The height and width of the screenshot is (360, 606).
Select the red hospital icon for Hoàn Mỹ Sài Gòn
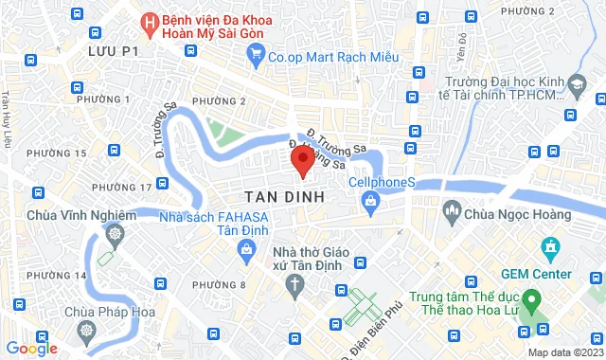coord(148,20)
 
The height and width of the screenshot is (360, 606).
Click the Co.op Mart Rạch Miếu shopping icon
coord(255,56)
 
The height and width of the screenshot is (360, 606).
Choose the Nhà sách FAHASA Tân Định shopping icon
coord(246,250)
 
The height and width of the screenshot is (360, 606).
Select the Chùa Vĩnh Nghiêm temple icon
coord(114,233)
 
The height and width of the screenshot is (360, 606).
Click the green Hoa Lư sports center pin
coord(532,304)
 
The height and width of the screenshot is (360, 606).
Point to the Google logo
coord(31,348)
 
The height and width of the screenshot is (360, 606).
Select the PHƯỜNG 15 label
coord(50,152)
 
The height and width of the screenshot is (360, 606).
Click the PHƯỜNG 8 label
coord(219,284)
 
